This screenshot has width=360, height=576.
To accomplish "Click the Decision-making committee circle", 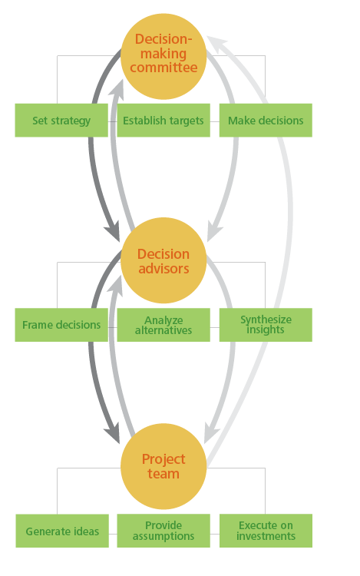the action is tap(163, 57).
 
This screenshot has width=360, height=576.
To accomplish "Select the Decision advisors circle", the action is tap(163, 260).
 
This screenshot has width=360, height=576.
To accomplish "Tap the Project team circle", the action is tap(163, 466).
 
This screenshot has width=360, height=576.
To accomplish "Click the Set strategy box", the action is tap(61, 120).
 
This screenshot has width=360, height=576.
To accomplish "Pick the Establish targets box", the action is tap(163, 120).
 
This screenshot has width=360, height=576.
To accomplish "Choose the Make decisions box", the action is tap(266, 120).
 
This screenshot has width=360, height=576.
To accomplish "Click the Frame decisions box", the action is tap(61, 325).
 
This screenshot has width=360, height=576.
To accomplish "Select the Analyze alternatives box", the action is tap(163, 325).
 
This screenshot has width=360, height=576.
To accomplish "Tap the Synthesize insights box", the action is tap(266, 325).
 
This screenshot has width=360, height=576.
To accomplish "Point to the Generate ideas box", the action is tap(62, 531).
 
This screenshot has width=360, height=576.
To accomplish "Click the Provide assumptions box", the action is tap(163, 531).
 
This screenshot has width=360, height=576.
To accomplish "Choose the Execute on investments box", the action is tap(266, 531).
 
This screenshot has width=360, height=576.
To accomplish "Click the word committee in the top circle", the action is tap(163, 68).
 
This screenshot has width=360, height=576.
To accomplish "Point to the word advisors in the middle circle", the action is tap(163, 269).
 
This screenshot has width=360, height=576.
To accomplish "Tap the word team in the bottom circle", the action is tap(163, 474).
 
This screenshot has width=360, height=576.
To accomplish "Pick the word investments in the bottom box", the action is tap(266, 536).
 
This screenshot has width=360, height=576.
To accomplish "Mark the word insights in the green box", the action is tap(266, 330).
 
